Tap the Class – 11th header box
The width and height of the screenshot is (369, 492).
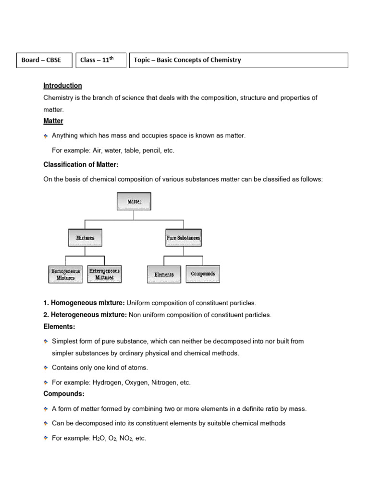pos(100,61)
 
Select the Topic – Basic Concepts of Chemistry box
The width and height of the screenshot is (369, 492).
pos(238,61)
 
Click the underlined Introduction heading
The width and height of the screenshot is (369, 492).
pos(62,86)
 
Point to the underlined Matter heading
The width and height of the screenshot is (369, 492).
pos(53,121)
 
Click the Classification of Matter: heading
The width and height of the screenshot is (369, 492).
pos(81,165)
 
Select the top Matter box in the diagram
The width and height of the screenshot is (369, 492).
pos(134,202)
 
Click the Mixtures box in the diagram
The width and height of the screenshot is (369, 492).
pos(85,238)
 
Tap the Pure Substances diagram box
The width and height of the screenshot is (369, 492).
pos(183,238)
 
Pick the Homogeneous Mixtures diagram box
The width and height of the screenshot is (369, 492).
pos(66,274)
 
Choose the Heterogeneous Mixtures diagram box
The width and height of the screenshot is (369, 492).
pos(104,274)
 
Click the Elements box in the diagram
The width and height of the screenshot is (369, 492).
pos(164,274)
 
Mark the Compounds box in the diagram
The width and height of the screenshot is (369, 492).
pos(203,274)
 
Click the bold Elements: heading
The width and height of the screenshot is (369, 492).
pos(59,327)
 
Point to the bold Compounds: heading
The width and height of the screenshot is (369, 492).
pos(64,394)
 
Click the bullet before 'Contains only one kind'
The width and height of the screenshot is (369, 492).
pos(46,368)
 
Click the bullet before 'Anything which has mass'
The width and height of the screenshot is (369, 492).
pos(46,136)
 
